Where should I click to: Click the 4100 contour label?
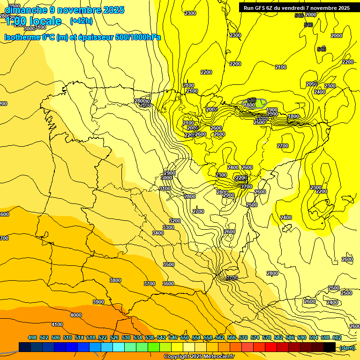[57, 324]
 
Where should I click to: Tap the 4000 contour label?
[75, 315]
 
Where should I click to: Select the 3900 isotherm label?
[98, 302]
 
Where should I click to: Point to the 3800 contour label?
[115, 280]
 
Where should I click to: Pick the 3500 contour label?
[169, 264]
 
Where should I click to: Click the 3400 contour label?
[158, 233]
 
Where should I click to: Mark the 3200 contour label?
[175, 220]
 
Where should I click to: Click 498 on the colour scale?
[32, 337]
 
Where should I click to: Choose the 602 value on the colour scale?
[337, 337]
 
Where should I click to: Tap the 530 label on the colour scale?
[126, 337]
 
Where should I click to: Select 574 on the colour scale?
[255, 337]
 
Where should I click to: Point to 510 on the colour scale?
[67, 337]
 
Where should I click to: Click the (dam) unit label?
[347, 347]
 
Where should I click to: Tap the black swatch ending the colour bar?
[330, 347]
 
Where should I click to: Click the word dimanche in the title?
[24, 10]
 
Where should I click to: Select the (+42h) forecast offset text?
[81, 21]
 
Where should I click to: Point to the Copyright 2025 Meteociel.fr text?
[199, 356]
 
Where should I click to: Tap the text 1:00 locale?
[33, 21]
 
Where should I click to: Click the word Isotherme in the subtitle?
[22, 37]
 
